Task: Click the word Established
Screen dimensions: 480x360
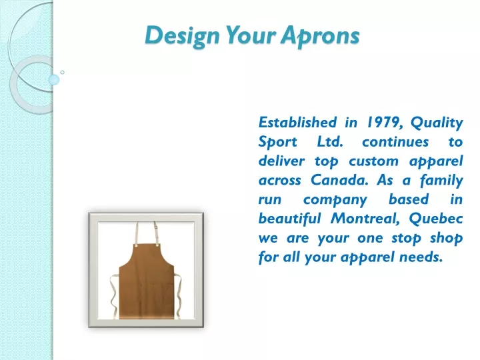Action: [x=297, y=123]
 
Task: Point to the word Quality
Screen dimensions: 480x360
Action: [x=437, y=123]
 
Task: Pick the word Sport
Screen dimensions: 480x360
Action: [x=277, y=143]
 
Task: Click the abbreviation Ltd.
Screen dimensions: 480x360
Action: [x=330, y=142]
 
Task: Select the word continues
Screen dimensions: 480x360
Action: [x=395, y=142]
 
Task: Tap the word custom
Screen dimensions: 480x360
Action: [x=374, y=161]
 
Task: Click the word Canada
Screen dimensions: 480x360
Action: [x=339, y=180]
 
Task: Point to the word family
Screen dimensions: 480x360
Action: [x=441, y=181]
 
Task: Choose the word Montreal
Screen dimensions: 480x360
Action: [x=365, y=219]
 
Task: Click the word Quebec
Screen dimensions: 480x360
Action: [x=436, y=219]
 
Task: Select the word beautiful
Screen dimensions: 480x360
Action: [x=289, y=219]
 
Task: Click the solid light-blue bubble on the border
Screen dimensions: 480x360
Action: [x=54, y=80]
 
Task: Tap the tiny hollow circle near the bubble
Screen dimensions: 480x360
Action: [x=63, y=72]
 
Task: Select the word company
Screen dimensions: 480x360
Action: [x=335, y=200]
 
